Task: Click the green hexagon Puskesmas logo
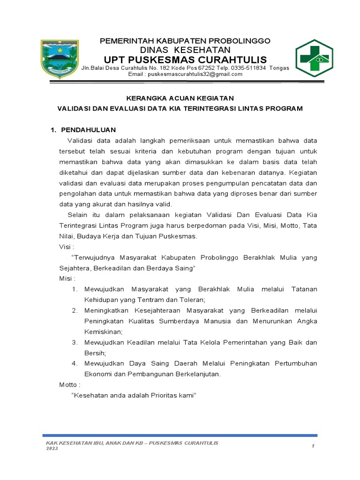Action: tap(314, 58)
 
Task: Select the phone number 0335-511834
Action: tap(245, 67)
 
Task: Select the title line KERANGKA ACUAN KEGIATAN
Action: tap(180, 98)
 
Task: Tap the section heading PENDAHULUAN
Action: tap(89, 129)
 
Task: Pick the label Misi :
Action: tap(67, 278)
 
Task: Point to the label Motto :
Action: tap(70, 384)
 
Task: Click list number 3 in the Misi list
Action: tap(75, 342)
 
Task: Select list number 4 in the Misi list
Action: tap(75, 363)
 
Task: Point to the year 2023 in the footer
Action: tap(52, 449)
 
